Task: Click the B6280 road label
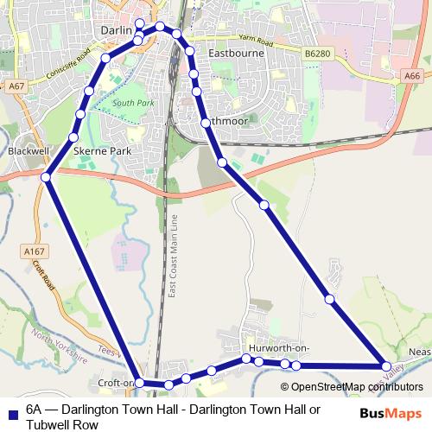pos(318,54)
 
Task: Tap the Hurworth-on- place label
pos(276,347)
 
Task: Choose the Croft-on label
pos(118,383)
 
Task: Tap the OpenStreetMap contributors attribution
pos(358,386)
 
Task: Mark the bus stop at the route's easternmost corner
pos(386,366)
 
